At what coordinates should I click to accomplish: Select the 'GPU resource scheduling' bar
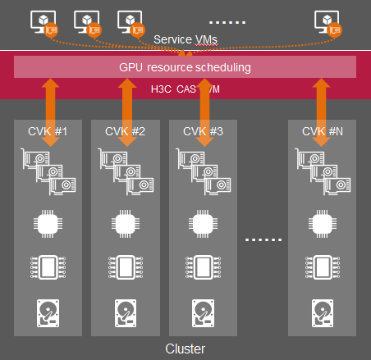[x=185, y=66]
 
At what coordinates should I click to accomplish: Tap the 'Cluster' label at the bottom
[x=185, y=349]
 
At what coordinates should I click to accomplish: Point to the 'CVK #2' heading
[x=127, y=131]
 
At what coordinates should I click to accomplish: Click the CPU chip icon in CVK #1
[x=50, y=223]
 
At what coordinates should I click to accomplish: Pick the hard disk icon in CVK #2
[x=126, y=312]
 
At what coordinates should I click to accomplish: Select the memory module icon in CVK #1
[x=50, y=267]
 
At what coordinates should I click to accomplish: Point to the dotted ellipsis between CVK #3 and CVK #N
[x=263, y=239]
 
